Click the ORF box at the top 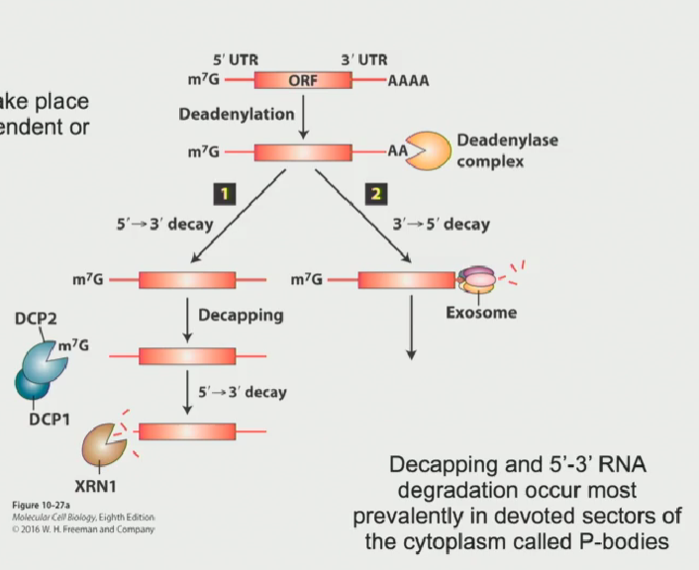302,81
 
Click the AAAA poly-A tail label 409,81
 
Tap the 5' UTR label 236,60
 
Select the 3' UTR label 364,60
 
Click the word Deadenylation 236,114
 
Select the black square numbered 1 227,193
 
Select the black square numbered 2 374,193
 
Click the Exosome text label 480,314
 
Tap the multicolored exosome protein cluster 476,280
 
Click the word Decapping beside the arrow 241,316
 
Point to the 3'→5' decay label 445,225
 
